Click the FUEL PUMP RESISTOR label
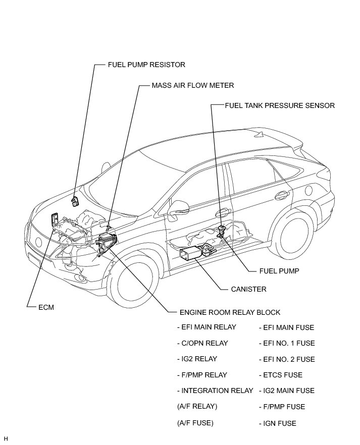[x=146, y=65]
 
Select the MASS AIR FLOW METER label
[x=193, y=85]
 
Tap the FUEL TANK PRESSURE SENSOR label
[x=280, y=105]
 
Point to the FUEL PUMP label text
[x=279, y=271]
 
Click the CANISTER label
[x=248, y=289]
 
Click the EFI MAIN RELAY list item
[x=207, y=327]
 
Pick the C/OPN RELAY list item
[x=202, y=343]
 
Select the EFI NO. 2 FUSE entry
[x=286, y=359]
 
